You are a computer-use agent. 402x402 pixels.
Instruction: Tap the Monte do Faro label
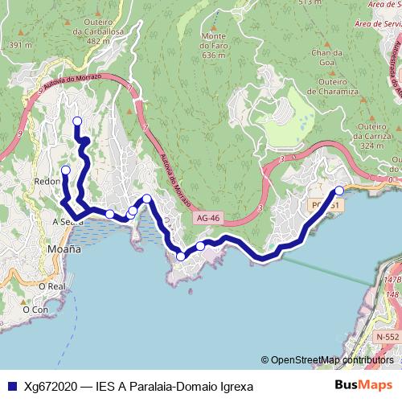click(x=213, y=46)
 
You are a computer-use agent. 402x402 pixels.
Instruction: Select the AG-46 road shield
click(x=208, y=219)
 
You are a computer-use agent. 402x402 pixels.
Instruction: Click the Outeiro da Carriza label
click(x=371, y=136)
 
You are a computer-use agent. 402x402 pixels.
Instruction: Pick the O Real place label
click(x=51, y=285)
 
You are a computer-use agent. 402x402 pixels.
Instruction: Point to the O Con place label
click(x=35, y=309)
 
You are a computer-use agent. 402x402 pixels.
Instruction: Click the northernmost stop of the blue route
click(x=77, y=121)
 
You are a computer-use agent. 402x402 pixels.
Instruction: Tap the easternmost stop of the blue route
click(x=339, y=191)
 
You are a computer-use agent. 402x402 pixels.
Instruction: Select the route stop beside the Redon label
click(x=66, y=170)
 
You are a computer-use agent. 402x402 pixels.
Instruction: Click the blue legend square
click(x=12, y=387)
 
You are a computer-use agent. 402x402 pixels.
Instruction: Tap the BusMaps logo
click(x=363, y=386)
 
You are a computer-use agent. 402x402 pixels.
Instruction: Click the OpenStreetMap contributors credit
click(x=327, y=360)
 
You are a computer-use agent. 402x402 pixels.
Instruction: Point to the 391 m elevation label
click(x=20, y=45)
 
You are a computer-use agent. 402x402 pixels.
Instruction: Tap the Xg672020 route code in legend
click(x=51, y=387)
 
